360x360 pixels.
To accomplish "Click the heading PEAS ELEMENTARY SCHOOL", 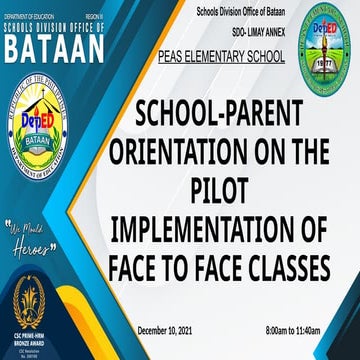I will click(x=221, y=60).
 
